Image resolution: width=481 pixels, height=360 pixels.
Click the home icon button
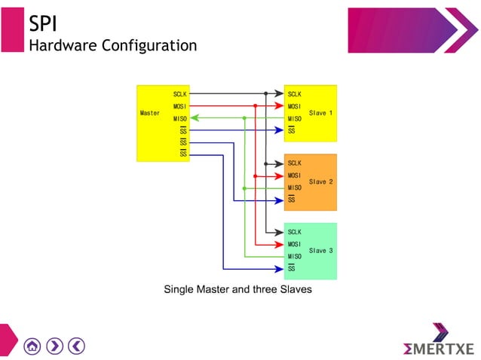tap(32, 346)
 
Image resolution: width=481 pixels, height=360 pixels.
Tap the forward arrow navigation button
tap(54, 346)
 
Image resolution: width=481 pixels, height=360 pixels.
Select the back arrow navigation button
tap(76, 346)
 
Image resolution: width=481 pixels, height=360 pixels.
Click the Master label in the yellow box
tap(150, 113)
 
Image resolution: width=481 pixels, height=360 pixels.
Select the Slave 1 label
tap(321, 113)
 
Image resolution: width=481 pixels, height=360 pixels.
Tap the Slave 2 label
tap(321, 182)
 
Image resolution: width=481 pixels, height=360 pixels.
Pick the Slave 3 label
tap(321, 251)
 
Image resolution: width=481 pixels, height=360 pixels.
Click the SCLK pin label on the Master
tap(180, 94)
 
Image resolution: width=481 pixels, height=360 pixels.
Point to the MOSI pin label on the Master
tap(180, 106)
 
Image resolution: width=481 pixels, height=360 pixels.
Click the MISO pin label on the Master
tap(180, 118)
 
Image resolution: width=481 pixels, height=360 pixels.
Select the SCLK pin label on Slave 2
tap(295, 163)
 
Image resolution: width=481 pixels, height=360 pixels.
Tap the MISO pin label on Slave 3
tap(295, 257)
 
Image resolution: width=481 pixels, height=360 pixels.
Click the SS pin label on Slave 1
tap(292, 131)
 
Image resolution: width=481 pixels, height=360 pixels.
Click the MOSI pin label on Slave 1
tap(295, 106)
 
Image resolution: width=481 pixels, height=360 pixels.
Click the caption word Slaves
tap(294, 289)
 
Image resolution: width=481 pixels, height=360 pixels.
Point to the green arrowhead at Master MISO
tap(195, 118)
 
